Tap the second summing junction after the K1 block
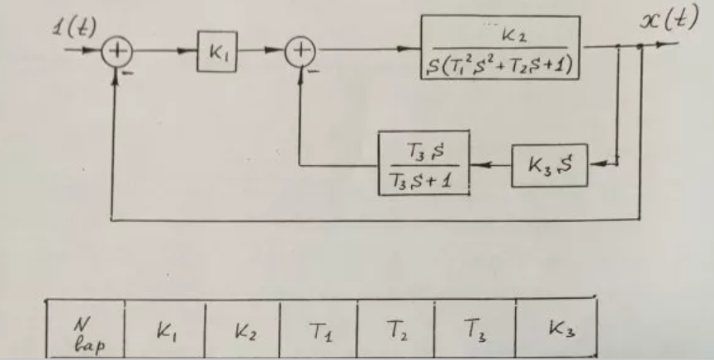click(299, 52)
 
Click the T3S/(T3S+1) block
click(423, 163)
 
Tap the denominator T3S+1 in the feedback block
click(423, 178)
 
